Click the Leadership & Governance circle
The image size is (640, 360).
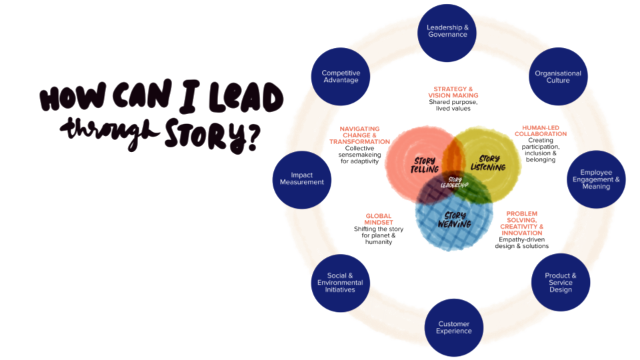click(x=447, y=31)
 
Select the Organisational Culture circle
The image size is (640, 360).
click(x=558, y=77)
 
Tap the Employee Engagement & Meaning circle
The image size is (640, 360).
click(x=596, y=179)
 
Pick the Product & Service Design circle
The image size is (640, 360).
click(x=560, y=283)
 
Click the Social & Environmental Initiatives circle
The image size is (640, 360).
click(x=341, y=283)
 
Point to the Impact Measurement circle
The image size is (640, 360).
click(x=302, y=179)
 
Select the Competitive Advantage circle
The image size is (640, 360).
click(x=341, y=77)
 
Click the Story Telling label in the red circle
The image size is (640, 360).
click(x=425, y=165)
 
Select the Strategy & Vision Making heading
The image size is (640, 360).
click(x=453, y=92)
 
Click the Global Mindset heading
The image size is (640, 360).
click(x=379, y=219)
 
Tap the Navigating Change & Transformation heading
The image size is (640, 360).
click(x=360, y=135)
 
